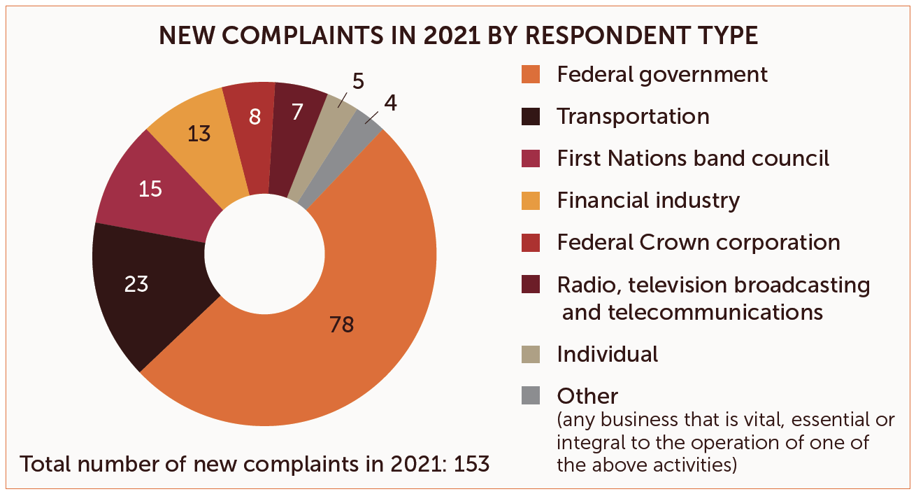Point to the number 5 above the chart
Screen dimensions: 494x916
358,82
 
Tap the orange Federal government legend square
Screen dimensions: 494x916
531,74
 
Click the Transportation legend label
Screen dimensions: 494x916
633,116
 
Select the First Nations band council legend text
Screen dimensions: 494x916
693,158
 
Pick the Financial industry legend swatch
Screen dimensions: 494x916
531,201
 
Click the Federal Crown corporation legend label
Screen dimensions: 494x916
699,242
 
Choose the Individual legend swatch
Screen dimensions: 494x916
531,354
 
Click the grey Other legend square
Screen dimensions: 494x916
531,396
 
